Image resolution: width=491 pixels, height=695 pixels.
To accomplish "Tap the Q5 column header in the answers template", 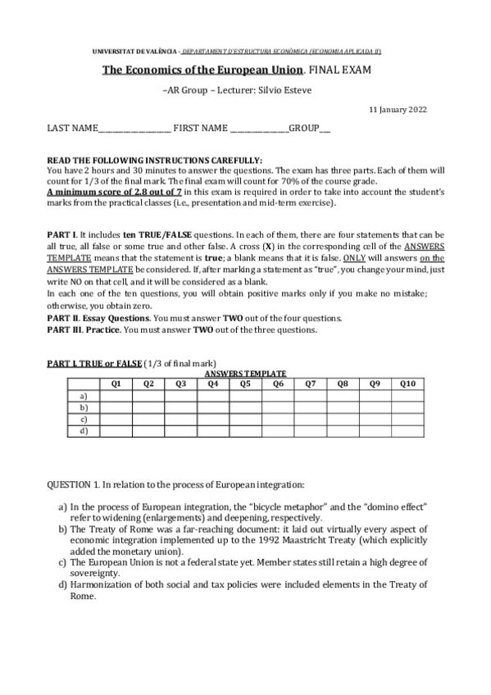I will [245, 384].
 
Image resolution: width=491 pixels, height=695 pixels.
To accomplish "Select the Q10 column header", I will [407, 384].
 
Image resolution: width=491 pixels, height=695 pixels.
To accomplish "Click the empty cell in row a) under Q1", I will [116, 395].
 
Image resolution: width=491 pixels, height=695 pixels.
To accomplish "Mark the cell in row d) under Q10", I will [407, 429].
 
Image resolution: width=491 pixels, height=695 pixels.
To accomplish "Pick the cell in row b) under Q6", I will [278, 407].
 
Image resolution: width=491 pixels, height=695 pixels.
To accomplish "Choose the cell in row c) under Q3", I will [180, 418].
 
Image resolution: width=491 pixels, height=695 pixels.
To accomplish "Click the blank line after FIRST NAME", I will [259, 129].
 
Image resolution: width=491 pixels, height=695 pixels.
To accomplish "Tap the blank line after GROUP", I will [325, 129].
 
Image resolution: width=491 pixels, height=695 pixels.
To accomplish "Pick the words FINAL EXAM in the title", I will [343, 70].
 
